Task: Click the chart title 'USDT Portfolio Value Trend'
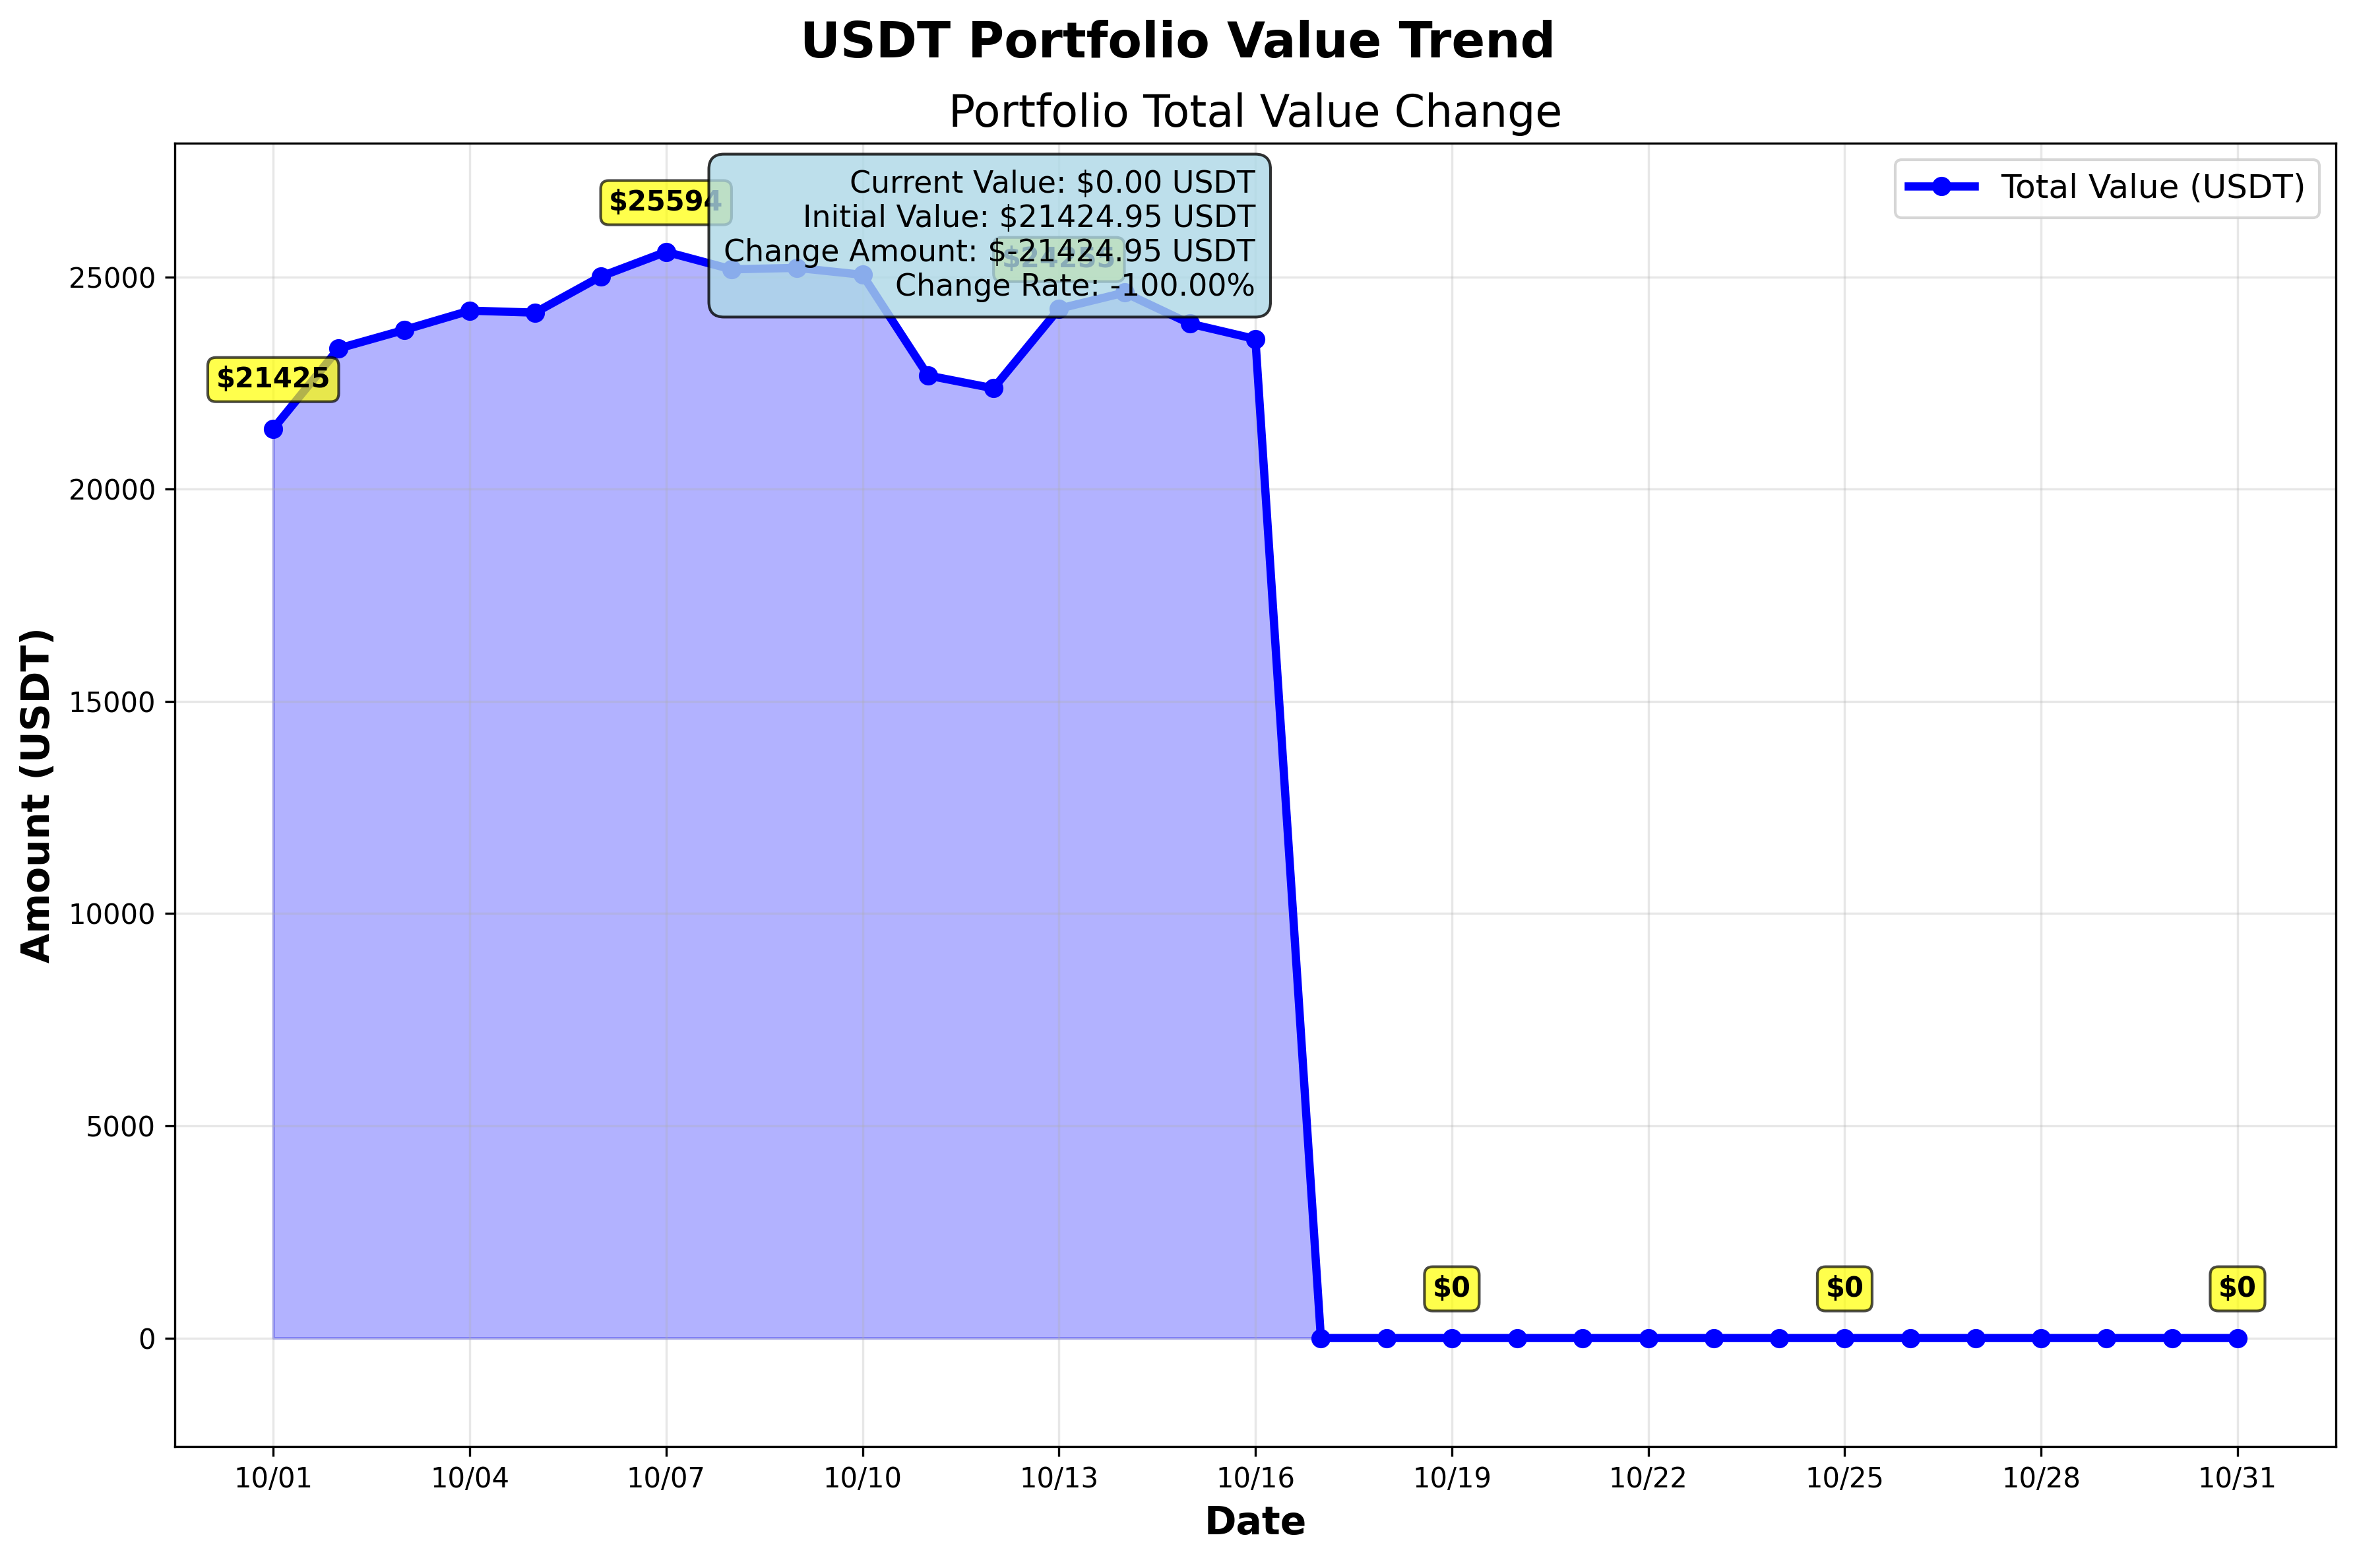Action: pyautogui.click(x=1177, y=42)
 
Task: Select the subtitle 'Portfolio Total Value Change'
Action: pyautogui.click(x=1255, y=112)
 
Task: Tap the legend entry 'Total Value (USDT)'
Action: pyautogui.click(x=2152, y=187)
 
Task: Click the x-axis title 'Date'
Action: pyautogui.click(x=1255, y=1521)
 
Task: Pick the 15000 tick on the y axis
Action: pyautogui.click(x=113, y=702)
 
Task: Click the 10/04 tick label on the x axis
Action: pyautogui.click(x=469, y=1478)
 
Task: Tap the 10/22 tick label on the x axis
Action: pyautogui.click(x=1648, y=1478)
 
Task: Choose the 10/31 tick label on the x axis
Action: pyautogui.click(x=2236, y=1478)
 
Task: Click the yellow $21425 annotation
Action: pyautogui.click(x=273, y=379)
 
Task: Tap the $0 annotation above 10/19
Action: pyautogui.click(x=1451, y=1288)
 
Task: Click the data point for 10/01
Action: pyautogui.click(x=273, y=430)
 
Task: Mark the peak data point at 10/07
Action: pyautogui.click(x=666, y=252)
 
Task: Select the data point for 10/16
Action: pyautogui.click(x=1255, y=340)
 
